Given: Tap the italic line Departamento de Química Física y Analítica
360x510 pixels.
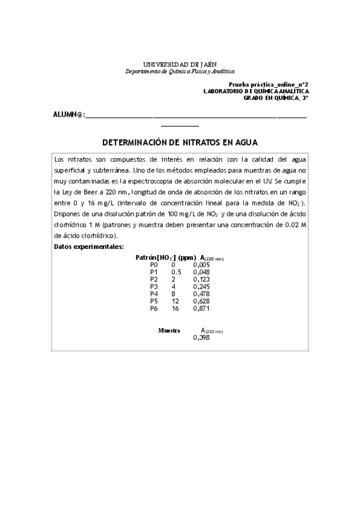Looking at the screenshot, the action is [180, 71].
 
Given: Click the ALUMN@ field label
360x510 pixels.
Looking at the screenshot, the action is [67, 114].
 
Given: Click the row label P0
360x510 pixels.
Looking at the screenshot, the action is [153, 264].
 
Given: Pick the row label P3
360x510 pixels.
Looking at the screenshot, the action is [153, 286].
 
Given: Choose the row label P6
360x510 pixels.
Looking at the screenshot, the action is [153, 308].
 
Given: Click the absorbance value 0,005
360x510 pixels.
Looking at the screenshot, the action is [201, 264].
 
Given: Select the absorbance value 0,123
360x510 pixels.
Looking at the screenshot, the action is [201, 279].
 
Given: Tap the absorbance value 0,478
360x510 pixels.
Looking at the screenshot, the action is [201, 293].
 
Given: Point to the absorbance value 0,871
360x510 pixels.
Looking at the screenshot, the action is [201, 308].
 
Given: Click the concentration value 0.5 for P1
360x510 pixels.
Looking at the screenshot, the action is [176, 272].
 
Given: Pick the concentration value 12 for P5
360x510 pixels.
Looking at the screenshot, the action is [175, 301].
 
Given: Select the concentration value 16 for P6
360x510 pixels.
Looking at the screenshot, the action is [175, 308].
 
